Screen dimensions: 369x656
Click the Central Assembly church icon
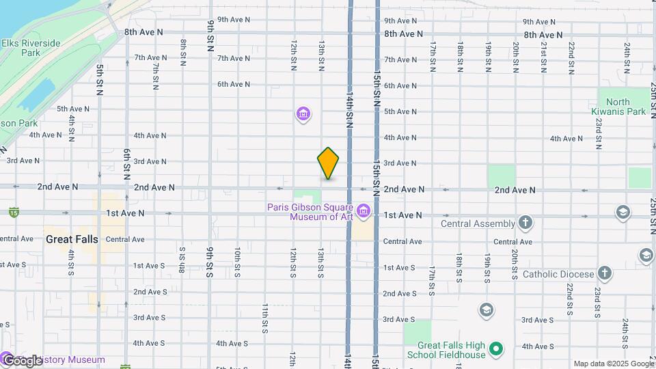tap(525, 222)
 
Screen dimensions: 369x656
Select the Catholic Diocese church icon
tap(604, 273)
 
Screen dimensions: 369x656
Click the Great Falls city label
tap(72, 239)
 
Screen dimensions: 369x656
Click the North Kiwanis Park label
tap(618, 107)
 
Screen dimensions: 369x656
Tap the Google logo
tap(22, 360)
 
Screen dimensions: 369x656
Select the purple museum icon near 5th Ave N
tap(303, 113)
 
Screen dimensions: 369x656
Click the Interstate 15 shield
tap(14, 213)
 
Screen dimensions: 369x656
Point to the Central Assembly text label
tap(478, 223)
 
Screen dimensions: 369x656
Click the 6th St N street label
tap(127, 163)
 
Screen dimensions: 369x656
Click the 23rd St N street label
tap(598, 133)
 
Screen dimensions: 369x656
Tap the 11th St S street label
tap(264, 316)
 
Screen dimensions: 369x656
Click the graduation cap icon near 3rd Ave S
tap(487, 311)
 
